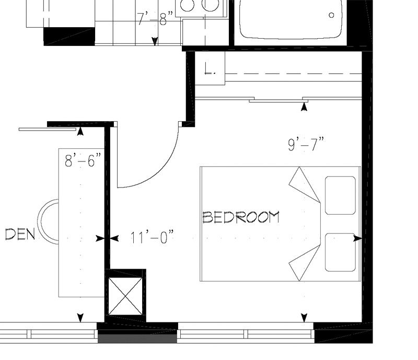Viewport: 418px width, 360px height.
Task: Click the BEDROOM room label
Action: coord(241,217)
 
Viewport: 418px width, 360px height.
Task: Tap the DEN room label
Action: coord(20,235)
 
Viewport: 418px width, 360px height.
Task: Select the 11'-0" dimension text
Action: coord(152,238)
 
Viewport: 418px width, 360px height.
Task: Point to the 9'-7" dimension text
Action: coord(306,144)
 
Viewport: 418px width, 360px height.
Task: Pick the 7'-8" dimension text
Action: coord(155,18)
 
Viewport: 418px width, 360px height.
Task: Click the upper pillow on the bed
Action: coord(341,195)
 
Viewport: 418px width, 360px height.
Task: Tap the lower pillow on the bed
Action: coord(341,252)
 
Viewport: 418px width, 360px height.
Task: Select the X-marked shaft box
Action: coord(125,296)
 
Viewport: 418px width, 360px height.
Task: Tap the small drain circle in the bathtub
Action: coord(331,15)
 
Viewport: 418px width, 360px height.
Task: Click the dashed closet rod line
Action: coord(293,74)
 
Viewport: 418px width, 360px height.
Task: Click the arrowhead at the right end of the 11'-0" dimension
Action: coord(357,238)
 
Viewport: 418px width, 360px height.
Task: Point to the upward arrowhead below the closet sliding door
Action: coord(304,107)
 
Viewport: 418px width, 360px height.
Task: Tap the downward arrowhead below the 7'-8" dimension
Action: coord(155,41)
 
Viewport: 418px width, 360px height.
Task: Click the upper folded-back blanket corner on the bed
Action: coord(305,184)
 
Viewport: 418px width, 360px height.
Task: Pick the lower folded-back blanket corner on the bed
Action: coord(305,263)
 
